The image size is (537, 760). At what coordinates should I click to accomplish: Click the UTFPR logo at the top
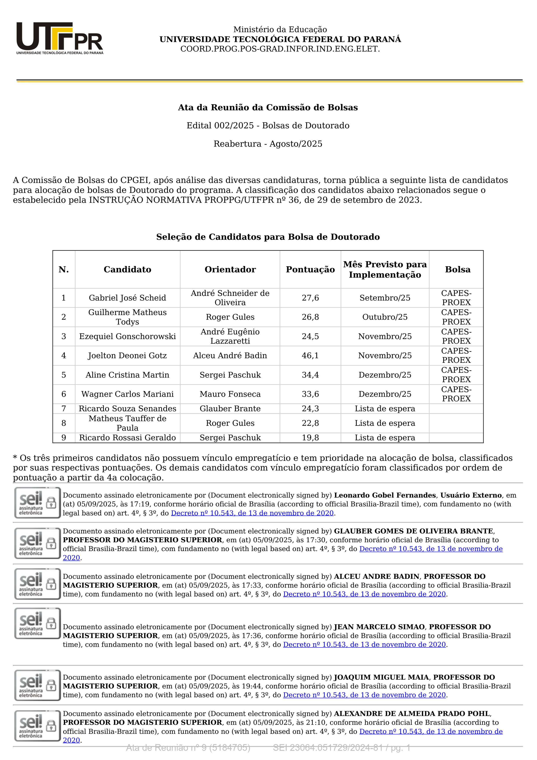click(60, 38)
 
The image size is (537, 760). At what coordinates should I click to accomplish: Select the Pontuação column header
click(310, 269)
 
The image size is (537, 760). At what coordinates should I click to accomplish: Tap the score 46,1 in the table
click(310, 356)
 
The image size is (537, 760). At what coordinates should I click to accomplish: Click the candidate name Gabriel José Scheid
click(127, 298)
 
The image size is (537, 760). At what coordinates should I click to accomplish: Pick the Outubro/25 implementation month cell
click(385, 317)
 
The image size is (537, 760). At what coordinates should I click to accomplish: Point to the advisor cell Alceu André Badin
click(230, 356)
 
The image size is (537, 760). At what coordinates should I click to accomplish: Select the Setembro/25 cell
click(385, 298)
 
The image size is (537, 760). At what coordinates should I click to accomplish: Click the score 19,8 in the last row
click(310, 438)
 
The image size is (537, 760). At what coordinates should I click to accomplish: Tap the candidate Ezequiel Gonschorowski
click(127, 336)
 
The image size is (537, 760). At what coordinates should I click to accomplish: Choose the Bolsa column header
click(458, 269)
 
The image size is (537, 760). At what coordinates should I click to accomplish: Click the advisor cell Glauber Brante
click(230, 408)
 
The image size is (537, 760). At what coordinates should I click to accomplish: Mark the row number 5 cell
click(64, 375)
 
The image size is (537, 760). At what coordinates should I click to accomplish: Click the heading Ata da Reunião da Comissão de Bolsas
click(268, 108)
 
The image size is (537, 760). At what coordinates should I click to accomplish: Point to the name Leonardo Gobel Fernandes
click(385, 495)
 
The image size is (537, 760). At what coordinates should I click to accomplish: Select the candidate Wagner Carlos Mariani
click(127, 394)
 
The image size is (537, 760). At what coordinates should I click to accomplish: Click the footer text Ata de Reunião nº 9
click(188, 748)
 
